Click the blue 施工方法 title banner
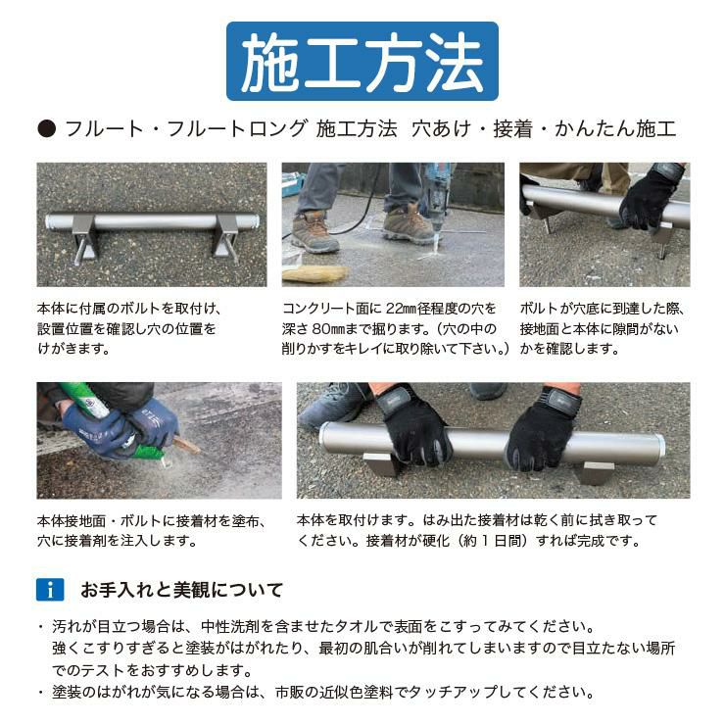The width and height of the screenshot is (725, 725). [x=362, y=61]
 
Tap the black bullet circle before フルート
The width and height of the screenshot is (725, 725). [x=47, y=129]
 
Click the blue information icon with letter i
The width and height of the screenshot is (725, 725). [x=50, y=590]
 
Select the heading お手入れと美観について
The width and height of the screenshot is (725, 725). [x=181, y=590]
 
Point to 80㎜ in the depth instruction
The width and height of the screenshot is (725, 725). [x=328, y=329]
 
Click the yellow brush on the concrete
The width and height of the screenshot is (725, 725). [x=314, y=273]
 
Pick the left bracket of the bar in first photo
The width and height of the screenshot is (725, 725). [x=85, y=239]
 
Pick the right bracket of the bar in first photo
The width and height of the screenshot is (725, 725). [x=224, y=237]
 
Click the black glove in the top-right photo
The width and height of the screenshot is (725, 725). [x=651, y=197]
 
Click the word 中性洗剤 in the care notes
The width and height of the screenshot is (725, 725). [x=230, y=626]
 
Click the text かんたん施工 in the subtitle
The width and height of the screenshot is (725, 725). [x=615, y=129]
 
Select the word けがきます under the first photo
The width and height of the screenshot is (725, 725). [x=73, y=349]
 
